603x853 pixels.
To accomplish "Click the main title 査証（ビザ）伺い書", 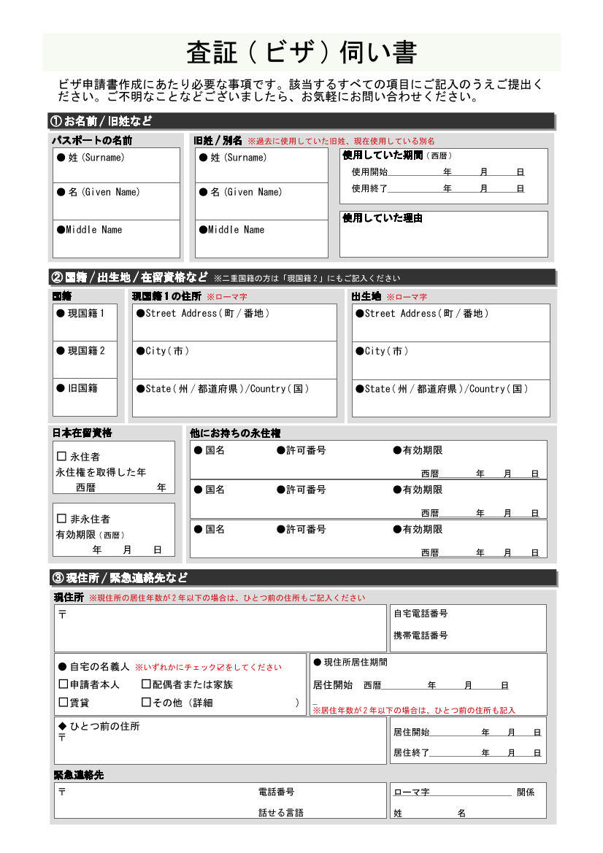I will coord(301,53).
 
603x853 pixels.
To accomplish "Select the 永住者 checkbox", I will coord(62,457).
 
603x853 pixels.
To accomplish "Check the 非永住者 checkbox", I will coord(62,519).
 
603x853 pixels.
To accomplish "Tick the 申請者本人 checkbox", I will coord(64,684).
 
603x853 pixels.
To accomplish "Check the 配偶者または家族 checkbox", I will coord(146,684).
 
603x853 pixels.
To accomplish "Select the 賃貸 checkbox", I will coord(64,702).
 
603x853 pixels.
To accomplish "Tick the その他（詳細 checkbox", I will coord(146,702).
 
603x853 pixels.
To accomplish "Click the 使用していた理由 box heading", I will coord(383,218).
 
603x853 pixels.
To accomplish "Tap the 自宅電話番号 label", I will coord(420,614).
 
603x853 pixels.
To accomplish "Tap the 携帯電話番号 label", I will coord(420,636).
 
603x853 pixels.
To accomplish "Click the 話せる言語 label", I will coord(280,812).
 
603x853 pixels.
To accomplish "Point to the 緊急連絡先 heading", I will coord(79,775).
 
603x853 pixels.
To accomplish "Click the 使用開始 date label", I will coord(369,172).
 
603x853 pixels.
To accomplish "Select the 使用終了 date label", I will coord(369,188).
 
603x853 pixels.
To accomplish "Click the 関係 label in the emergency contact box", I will coord(526,792).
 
